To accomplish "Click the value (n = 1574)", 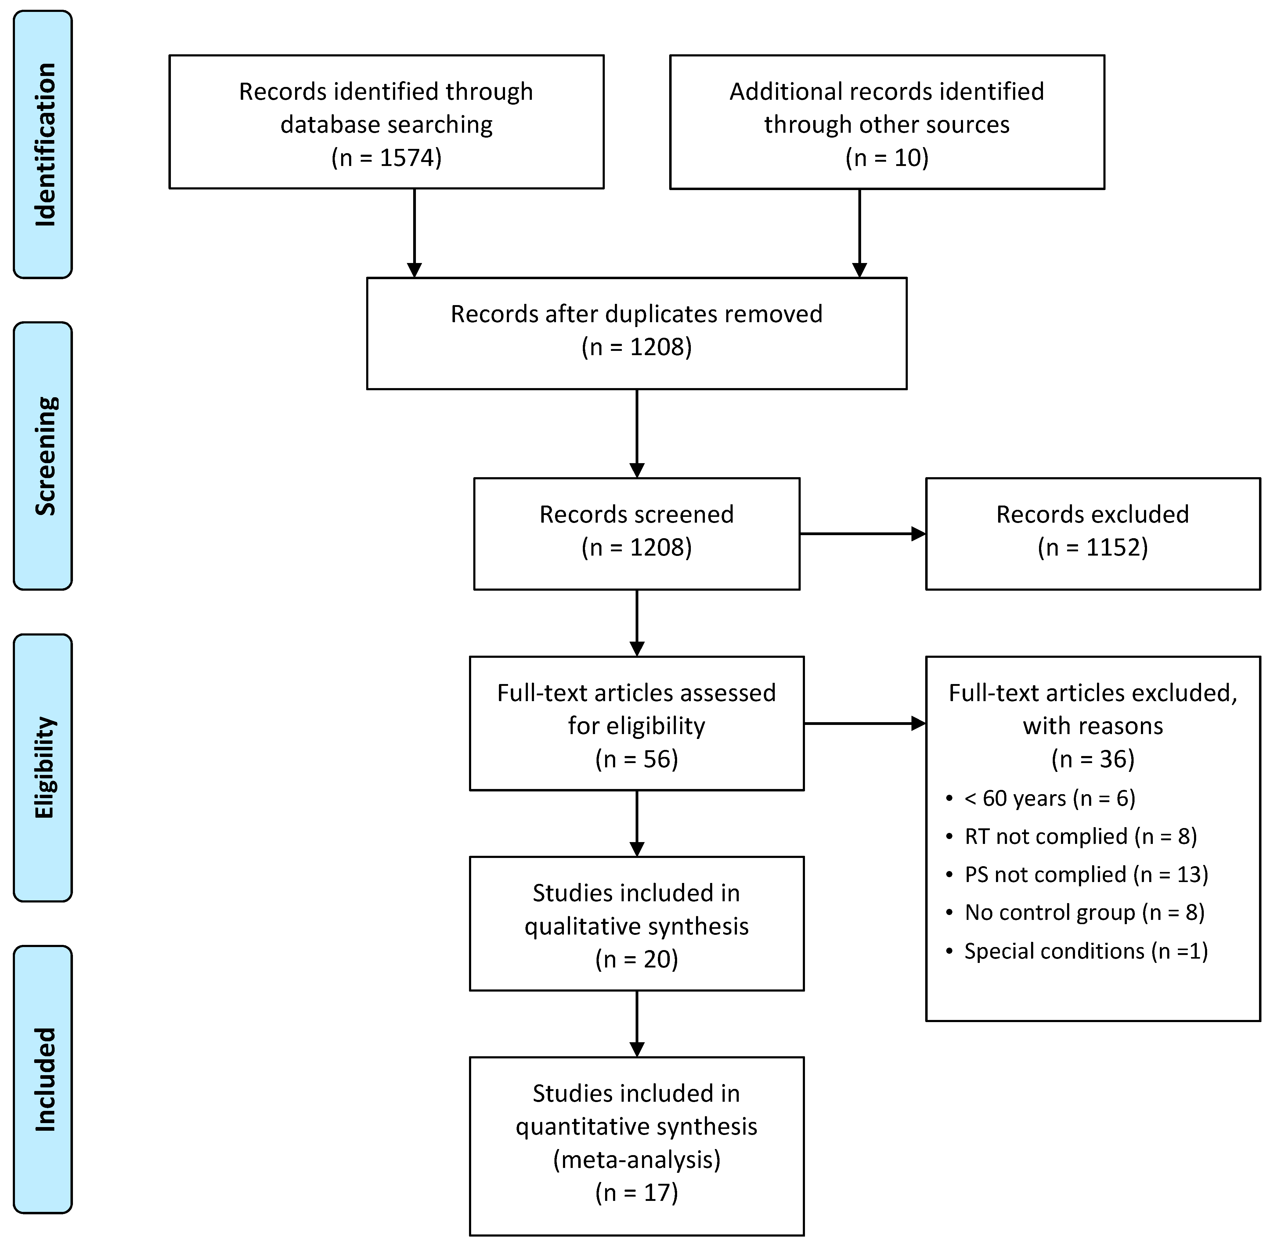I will pyautogui.click(x=386, y=157).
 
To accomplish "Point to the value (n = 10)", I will pyautogui.click(x=886, y=157).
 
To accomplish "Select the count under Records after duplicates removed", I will pyautogui.click(x=636, y=347).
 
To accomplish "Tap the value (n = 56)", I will pyautogui.click(x=636, y=759).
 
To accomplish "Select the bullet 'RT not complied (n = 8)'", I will pyautogui.click(x=1080, y=836).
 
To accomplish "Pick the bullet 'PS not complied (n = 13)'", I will pyautogui.click(x=1085, y=874).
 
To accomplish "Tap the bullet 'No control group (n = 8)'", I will pyautogui.click(x=1084, y=913).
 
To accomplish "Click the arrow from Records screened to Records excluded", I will pyautogui.click(x=862, y=534).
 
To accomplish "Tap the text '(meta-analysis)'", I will pyautogui.click(x=636, y=1159).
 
